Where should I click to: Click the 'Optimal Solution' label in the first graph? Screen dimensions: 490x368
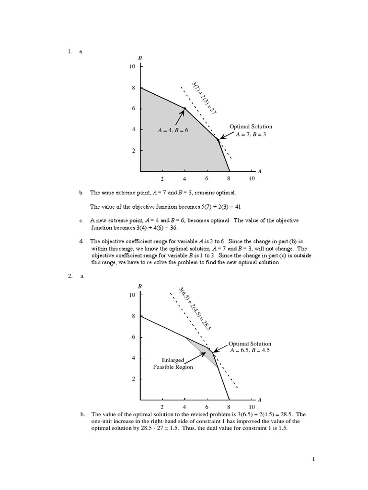click(251, 126)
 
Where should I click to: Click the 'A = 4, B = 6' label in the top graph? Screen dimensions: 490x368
click(173, 130)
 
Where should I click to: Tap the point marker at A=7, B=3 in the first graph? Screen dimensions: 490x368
click(218, 140)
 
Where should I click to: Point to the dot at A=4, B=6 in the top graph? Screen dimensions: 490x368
click(185, 109)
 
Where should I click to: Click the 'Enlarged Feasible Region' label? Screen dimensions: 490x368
click(173, 363)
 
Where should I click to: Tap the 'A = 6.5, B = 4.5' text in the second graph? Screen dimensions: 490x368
click(250, 351)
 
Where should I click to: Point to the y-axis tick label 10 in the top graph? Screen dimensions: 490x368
click(132, 67)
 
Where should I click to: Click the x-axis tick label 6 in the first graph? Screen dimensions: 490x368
click(207, 179)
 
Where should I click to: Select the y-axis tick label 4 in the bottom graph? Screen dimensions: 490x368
click(134, 358)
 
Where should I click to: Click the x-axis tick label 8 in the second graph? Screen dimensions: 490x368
click(229, 407)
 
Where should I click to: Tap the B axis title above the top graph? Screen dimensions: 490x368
click(140, 58)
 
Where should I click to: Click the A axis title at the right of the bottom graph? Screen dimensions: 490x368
click(259, 400)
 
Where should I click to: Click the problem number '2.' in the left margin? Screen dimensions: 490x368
click(70, 276)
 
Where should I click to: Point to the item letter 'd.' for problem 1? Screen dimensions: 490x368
click(81, 242)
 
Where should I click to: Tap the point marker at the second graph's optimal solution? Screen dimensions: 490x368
click(213, 353)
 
